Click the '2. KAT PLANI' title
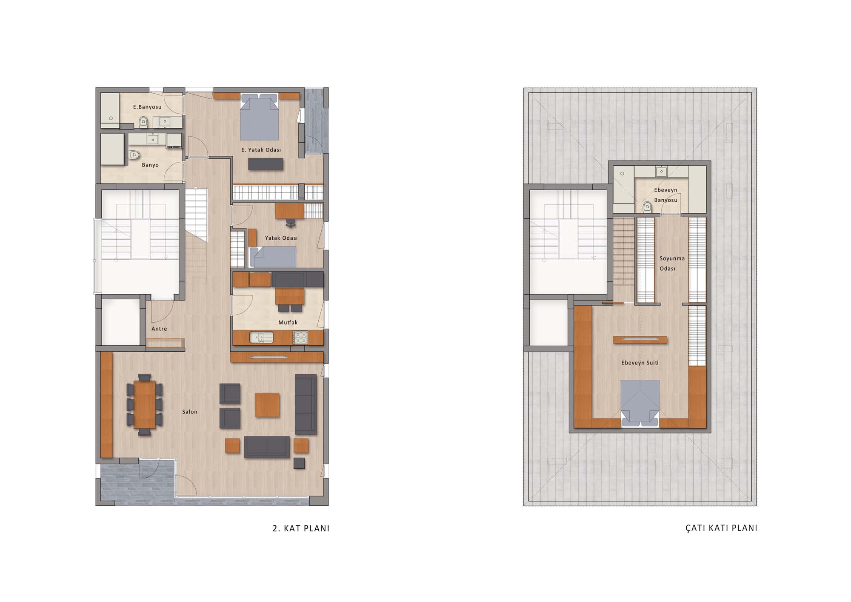(301, 528)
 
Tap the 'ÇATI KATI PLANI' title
(721, 528)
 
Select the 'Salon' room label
(190, 412)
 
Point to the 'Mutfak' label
(288, 322)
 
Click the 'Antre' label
(159, 329)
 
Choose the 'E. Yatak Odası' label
(261, 150)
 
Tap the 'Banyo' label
(150, 165)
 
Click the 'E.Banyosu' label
(147, 107)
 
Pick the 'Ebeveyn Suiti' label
(640, 363)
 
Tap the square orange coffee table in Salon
(267, 405)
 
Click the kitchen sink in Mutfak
(261, 338)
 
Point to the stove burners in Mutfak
(300, 338)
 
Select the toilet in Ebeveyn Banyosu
(647, 207)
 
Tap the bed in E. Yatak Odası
(259, 117)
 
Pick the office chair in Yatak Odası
(291, 222)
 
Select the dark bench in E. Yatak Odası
(266, 164)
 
